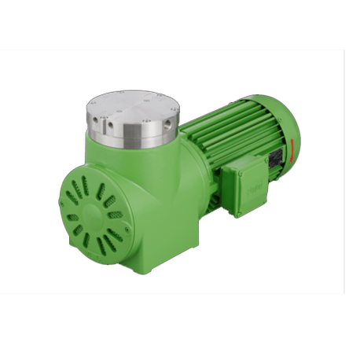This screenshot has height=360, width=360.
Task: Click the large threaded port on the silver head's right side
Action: (x=166, y=131)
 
